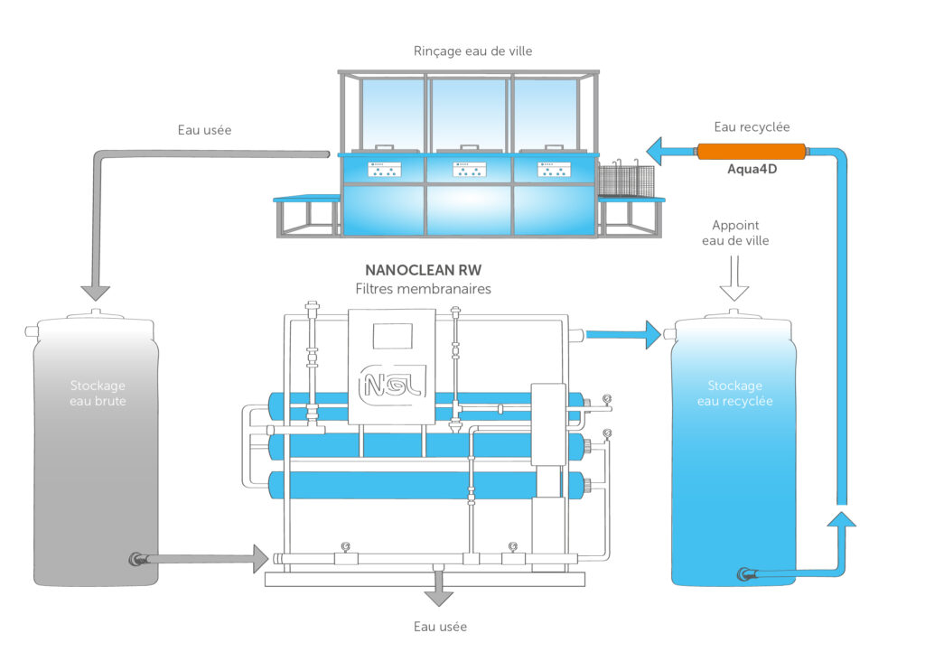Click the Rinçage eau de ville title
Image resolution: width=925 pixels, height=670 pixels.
point(472,51)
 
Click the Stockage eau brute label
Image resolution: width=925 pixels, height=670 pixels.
point(98,393)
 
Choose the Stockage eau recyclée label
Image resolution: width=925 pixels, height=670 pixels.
point(734,393)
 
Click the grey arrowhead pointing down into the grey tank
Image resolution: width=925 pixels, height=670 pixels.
point(95,292)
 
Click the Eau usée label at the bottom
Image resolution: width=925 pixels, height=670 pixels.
point(440,626)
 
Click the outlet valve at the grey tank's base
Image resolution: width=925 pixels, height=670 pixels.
point(138,559)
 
